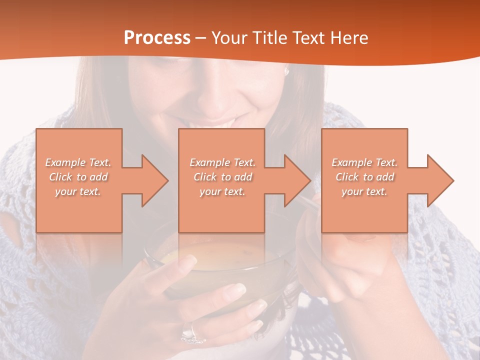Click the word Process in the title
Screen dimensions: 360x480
pyautogui.click(x=157, y=38)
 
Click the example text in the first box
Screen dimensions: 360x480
pyautogui.click(x=78, y=177)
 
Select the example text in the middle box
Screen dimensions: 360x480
pyautogui.click(x=222, y=177)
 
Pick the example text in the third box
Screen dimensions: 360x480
pyautogui.click(x=364, y=177)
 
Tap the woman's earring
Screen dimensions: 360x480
pyautogui.click(x=287, y=72)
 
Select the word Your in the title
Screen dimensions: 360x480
pyautogui.click(x=228, y=38)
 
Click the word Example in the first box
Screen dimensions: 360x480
pyautogui.click(x=65, y=162)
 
